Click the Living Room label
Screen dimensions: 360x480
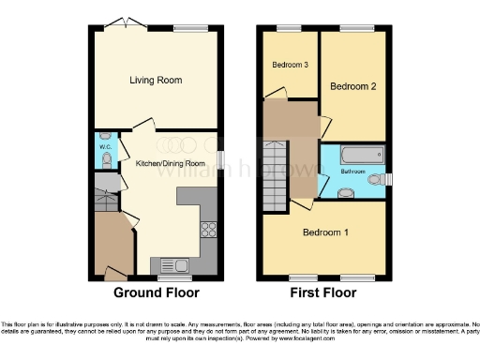click(x=156, y=81)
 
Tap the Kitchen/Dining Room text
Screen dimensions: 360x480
click(x=171, y=164)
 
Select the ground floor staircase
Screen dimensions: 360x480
click(x=106, y=200)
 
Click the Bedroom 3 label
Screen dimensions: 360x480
click(x=290, y=65)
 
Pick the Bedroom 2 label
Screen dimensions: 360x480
click(x=352, y=86)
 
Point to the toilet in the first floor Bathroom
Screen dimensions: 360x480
click(x=374, y=178)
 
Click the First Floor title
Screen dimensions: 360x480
click(x=323, y=292)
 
